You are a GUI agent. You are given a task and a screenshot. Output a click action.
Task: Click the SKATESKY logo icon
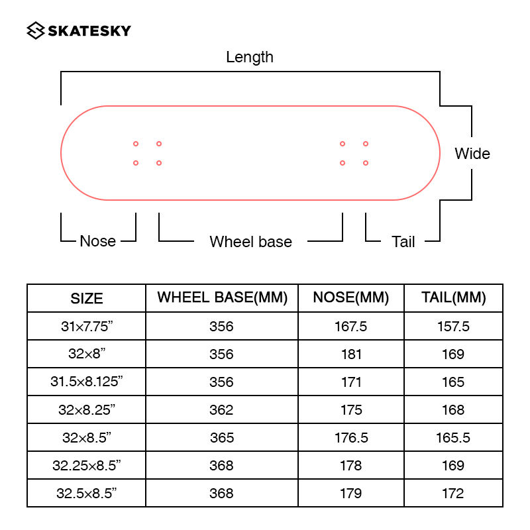tap(36, 30)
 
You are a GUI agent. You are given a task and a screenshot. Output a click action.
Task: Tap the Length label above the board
tap(250, 57)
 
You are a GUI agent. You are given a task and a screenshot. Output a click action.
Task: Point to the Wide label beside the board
tap(472, 154)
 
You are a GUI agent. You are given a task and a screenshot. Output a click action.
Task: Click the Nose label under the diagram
tap(97, 241)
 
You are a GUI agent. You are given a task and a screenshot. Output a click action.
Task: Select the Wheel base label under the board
tap(250, 242)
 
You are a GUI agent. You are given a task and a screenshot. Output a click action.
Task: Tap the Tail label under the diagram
tap(403, 242)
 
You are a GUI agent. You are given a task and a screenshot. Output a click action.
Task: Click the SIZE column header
tap(87, 299)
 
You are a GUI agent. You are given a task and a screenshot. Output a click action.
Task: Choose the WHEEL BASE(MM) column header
tap(222, 297)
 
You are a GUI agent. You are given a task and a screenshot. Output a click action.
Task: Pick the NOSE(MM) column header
tap(351, 297)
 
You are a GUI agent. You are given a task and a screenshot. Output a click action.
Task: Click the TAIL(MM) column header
tap(454, 297)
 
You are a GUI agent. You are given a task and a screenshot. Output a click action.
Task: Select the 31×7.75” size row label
tap(87, 326)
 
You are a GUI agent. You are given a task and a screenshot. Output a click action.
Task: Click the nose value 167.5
tap(351, 327)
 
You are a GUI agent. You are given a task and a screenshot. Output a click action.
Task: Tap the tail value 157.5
tap(453, 327)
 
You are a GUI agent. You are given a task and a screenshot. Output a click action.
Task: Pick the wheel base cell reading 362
tap(221, 409)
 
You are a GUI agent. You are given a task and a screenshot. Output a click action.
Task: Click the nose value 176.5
tap(351, 438)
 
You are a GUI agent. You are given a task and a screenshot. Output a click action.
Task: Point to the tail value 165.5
tap(453, 438)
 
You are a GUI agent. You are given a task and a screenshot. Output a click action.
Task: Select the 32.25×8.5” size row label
tap(87, 466)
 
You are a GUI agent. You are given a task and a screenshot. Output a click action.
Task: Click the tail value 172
tap(453, 494)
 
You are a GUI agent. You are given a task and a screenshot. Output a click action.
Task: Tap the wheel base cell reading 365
tap(222, 438)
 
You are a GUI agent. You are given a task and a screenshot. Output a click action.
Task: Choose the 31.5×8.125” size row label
tap(87, 382)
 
